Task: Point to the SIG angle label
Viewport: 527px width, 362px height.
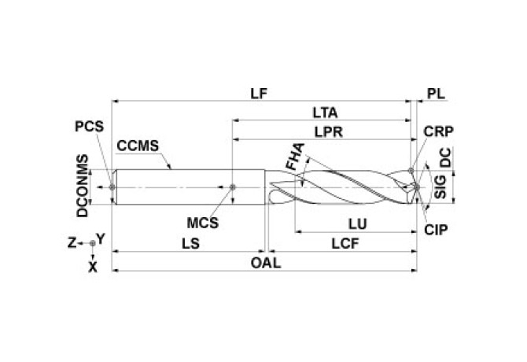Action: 441,187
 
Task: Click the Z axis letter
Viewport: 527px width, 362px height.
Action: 71,243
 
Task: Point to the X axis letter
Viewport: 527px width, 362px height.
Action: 93,267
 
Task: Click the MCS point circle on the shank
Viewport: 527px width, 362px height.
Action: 234,187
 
